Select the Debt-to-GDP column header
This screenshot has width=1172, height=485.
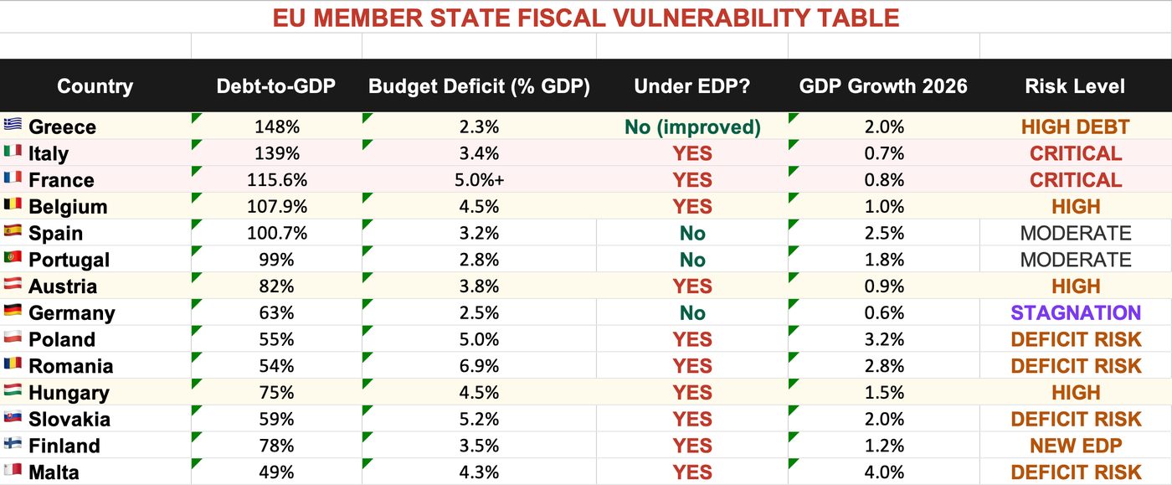275,86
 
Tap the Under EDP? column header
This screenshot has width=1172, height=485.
691,86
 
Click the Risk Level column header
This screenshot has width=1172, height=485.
1075,86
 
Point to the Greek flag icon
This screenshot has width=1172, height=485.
13,124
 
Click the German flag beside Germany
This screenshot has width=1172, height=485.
13,310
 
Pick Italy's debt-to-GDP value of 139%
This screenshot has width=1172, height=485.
277,153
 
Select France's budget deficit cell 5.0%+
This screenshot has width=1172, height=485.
479,180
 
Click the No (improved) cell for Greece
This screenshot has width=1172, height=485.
692,127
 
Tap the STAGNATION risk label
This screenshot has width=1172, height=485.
1076,313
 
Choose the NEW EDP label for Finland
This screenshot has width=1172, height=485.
1076,446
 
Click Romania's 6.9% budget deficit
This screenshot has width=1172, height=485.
479,366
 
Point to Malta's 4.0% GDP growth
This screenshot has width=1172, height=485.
884,472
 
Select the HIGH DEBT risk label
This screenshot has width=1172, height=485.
1075,127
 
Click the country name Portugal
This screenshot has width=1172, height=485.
69,261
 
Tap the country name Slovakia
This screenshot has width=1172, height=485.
69,420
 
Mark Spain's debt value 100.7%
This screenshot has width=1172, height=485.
277,233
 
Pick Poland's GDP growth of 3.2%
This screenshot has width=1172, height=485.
884,339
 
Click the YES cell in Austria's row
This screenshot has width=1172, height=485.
692,286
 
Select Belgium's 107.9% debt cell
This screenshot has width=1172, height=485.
277,206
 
